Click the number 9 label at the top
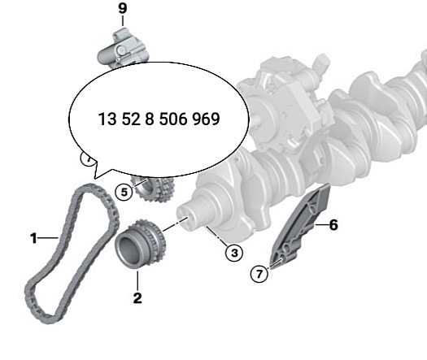pyautogui.click(x=122, y=9)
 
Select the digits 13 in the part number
pyautogui.click(x=106, y=118)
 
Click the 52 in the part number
pyautogui.click(x=132, y=118)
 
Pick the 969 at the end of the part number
pyautogui.click(x=208, y=118)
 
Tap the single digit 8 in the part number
pyautogui.click(x=152, y=118)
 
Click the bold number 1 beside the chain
pyautogui.click(x=34, y=238)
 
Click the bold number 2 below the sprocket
pyautogui.click(x=137, y=298)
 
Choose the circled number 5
pyautogui.click(x=122, y=193)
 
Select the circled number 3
pyautogui.click(x=234, y=253)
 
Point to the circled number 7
pyautogui.click(x=259, y=274)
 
